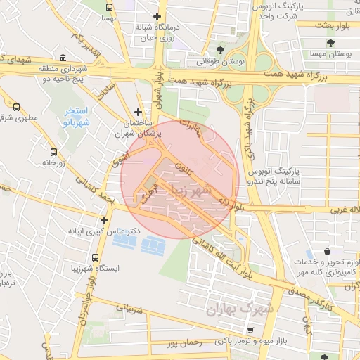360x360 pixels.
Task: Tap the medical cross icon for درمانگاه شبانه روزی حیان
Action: point(156,16)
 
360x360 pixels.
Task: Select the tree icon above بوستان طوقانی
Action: point(220,49)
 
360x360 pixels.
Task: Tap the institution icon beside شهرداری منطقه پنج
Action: point(63,58)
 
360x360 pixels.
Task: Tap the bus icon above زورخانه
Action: point(53,151)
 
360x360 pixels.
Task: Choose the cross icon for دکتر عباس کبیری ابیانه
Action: point(104,220)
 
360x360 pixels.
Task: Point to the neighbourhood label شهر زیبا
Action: point(205,191)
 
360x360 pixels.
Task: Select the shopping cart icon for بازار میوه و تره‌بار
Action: point(251,330)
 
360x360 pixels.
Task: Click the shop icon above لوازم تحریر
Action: point(328,251)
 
